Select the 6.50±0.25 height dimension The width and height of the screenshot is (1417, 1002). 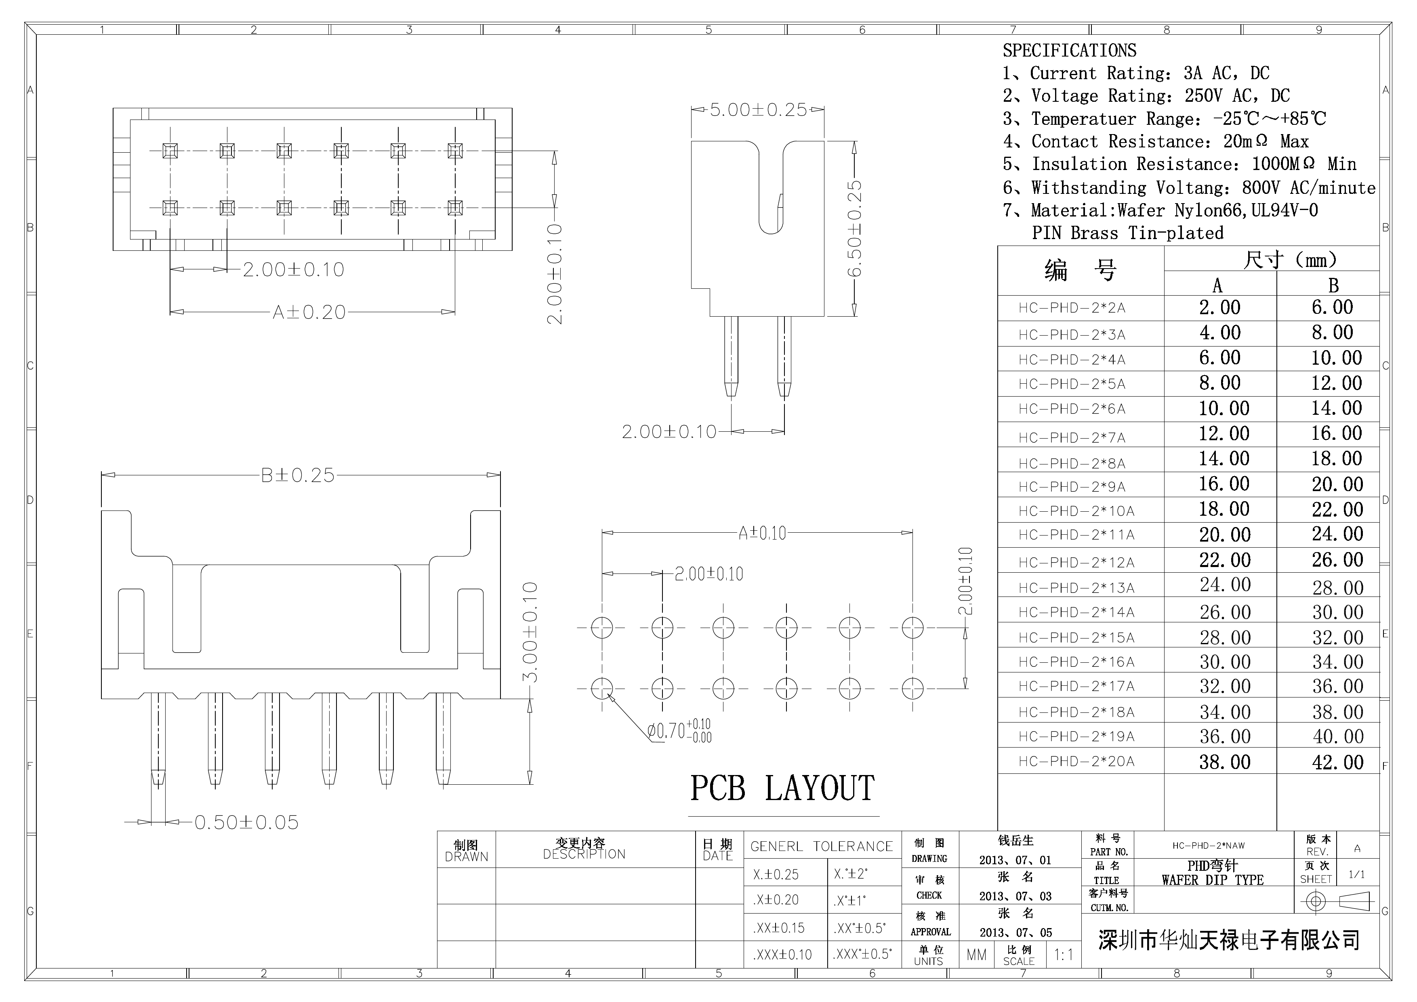click(854, 228)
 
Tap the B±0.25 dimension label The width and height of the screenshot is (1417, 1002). click(297, 475)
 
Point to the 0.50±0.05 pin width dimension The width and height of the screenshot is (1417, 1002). click(246, 822)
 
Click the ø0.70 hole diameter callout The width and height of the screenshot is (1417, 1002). click(679, 731)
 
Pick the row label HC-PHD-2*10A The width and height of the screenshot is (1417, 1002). click(1076, 511)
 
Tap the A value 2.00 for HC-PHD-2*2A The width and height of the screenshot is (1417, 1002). click(1219, 307)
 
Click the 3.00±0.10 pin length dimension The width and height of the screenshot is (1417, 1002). click(530, 632)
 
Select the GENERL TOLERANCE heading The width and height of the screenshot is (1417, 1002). click(822, 847)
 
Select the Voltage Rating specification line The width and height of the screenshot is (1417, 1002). click(1146, 96)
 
